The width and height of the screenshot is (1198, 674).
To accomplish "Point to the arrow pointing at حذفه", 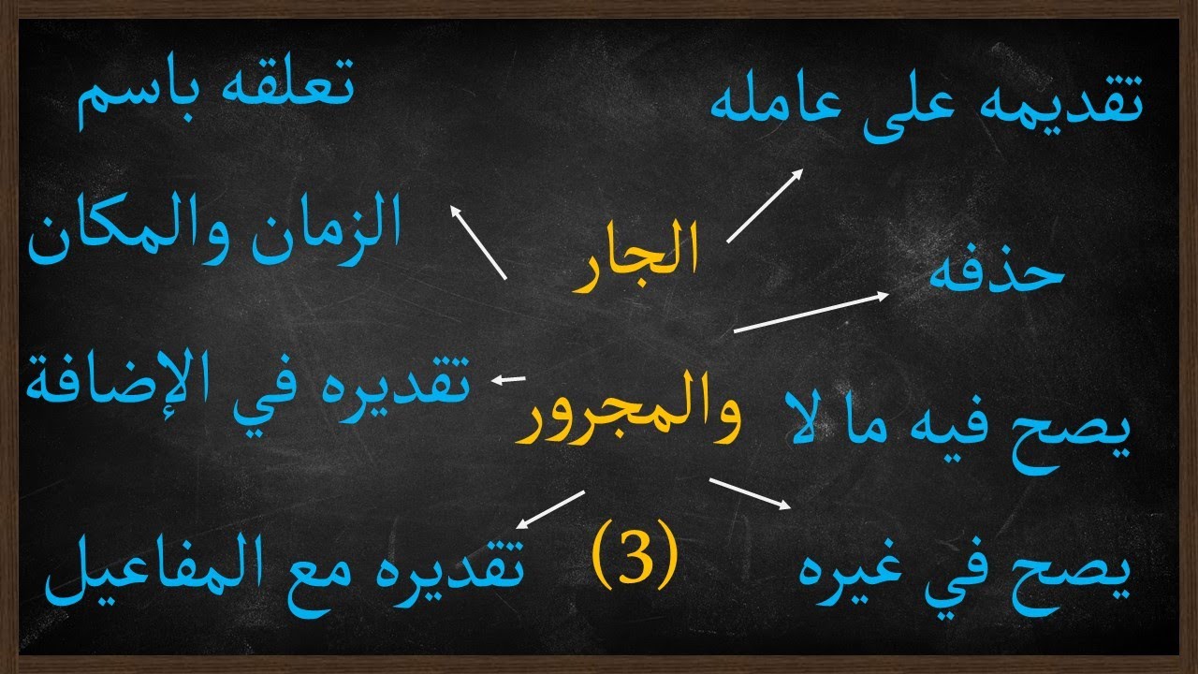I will [811, 313].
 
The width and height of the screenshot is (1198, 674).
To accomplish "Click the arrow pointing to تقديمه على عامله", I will [765, 206].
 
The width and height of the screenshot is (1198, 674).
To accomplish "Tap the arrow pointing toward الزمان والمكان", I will [478, 242].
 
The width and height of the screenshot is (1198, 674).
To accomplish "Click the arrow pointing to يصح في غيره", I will [752, 493].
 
